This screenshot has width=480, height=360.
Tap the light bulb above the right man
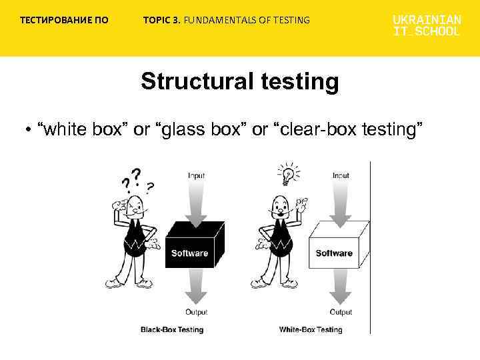coord(287,174)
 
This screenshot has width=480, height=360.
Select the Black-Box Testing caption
coord(172,329)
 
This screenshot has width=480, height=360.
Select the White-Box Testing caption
coord(310,329)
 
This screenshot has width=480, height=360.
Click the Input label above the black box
coord(196,175)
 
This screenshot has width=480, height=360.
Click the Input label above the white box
coord(341,175)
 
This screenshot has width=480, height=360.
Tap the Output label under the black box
coord(196,312)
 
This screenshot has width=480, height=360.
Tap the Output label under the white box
coord(341,312)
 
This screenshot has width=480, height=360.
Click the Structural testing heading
coord(239,82)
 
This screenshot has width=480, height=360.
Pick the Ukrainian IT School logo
coord(426,25)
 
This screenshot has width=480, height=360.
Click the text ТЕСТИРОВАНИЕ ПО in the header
coord(64,20)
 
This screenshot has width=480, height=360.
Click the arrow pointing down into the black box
coord(196,200)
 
